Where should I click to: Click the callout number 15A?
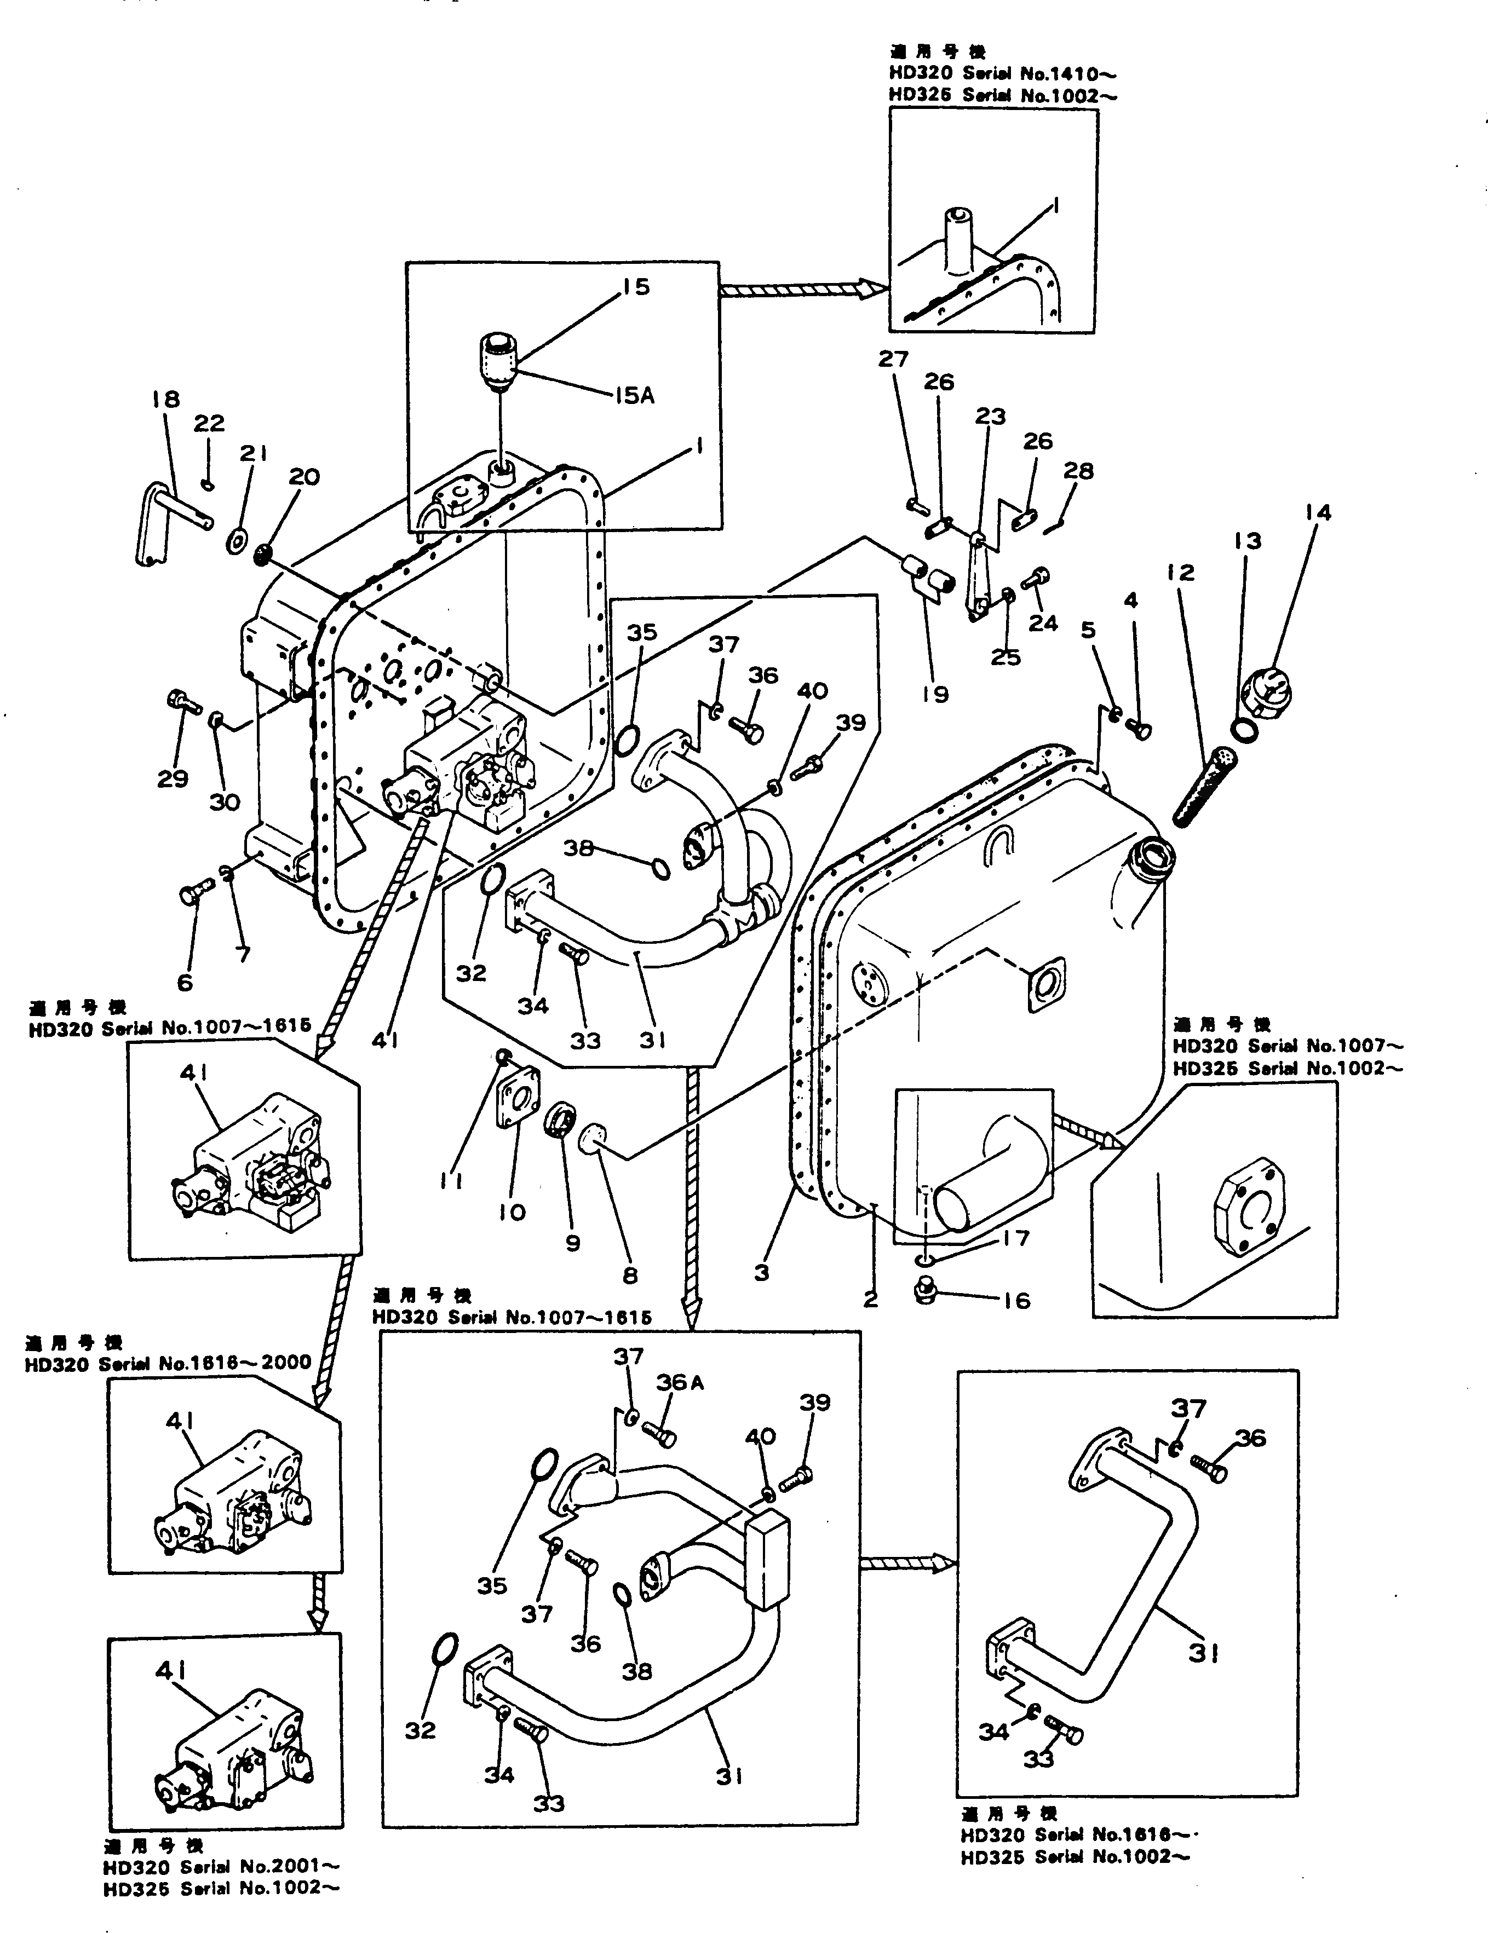635,396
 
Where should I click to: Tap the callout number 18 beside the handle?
165,400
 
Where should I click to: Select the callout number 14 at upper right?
1317,512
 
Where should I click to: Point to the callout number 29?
172,779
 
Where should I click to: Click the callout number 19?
935,695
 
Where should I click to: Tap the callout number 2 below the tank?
870,1299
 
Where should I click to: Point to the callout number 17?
1016,1238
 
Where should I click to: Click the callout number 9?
573,1243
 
